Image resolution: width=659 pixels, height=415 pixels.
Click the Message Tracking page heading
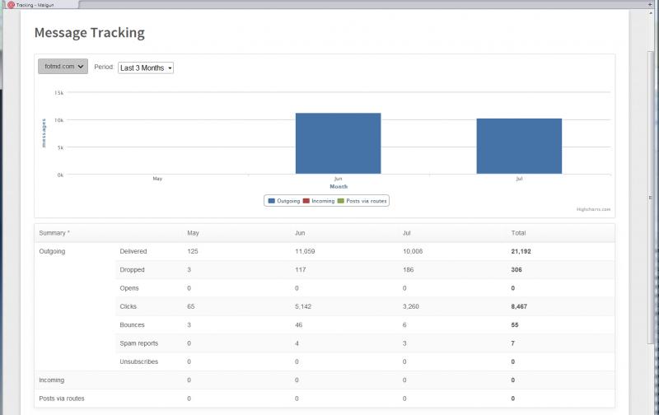[89, 33]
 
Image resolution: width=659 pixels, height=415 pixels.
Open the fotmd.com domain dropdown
[63, 68]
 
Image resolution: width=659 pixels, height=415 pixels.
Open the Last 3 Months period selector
[146, 68]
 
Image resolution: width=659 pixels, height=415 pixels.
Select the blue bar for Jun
[338, 143]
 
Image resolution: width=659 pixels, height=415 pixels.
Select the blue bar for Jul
[519, 146]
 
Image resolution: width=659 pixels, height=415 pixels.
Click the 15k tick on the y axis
[58, 93]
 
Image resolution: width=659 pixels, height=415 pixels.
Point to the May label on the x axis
[157, 179]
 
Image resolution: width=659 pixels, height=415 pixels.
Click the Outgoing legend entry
[284, 200]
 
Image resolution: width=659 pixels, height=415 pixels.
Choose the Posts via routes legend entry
[365, 200]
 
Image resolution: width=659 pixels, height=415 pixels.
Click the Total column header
[518, 233]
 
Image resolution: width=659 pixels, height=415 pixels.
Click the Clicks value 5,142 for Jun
[307, 306]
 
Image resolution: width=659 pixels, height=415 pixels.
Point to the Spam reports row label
[139, 343]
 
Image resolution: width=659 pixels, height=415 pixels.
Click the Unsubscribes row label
[139, 361]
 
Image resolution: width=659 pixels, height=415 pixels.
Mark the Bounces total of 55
[515, 325]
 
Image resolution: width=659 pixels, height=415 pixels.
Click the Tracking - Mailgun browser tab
[36, 5]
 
